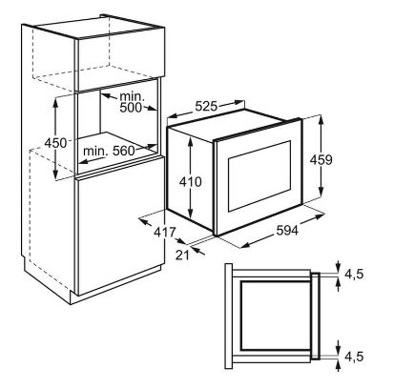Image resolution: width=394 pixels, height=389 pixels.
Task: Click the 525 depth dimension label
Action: tap(206, 106)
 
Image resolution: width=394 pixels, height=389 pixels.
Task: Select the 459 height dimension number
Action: tap(321, 159)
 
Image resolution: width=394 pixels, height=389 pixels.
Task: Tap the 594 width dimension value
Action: tap(287, 230)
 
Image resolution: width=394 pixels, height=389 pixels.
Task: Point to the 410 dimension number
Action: tap(191, 182)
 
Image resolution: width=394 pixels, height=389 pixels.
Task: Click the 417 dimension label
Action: tap(165, 233)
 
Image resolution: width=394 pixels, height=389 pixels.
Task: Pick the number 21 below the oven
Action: tap(182, 255)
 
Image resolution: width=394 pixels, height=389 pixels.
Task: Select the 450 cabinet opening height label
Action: tap(55, 143)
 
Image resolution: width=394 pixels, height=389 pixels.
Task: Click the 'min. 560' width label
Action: tap(109, 151)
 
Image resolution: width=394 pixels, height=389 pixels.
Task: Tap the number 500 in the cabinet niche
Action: tap(131, 108)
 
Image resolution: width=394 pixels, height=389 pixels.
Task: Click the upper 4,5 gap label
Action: tap(354, 274)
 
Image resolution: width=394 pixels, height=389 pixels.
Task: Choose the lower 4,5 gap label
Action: tap(354, 357)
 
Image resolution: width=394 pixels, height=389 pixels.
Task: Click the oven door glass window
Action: tap(259, 176)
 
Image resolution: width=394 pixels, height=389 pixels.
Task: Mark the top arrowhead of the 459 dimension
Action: tap(321, 119)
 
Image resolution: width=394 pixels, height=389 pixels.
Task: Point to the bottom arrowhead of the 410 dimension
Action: tap(191, 215)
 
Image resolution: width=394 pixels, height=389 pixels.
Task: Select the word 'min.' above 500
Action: tap(132, 96)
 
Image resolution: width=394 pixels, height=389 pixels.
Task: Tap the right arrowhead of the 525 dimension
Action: tap(239, 102)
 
